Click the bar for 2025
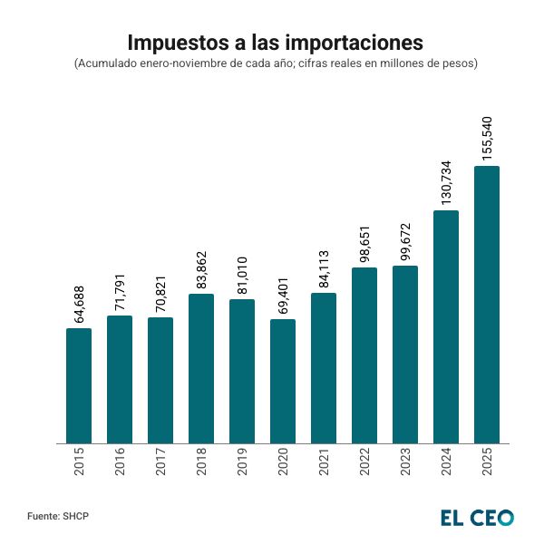pos(487,305)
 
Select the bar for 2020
pos(283,381)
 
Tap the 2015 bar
pos(79,385)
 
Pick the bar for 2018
pos(201,368)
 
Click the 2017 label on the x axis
pos(160,465)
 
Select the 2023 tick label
pos(405,465)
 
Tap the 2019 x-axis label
pos(242,465)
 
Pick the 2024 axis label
pos(446,465)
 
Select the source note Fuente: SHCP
pos(59,516)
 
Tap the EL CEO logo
pos(477,517)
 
